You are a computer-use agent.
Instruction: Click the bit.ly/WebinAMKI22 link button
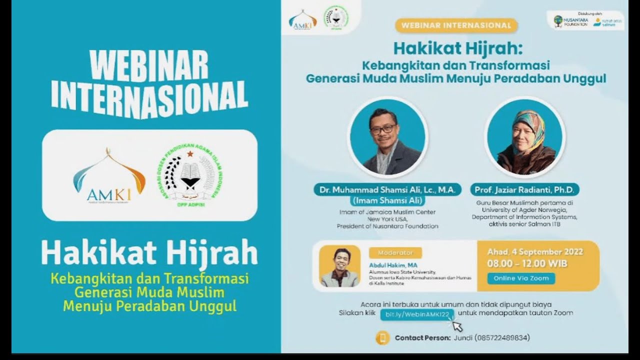click(417, 314)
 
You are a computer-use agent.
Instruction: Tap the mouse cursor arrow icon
click(457, 325)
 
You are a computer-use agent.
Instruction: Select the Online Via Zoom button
click(521, 278)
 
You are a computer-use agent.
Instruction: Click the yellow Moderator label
click(395, 252)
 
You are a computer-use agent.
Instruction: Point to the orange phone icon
click(382, 338)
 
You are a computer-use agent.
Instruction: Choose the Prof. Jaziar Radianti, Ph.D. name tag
click(524, 190)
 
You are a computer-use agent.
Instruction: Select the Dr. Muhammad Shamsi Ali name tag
click(387, 190)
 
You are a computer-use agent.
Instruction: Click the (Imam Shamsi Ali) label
click(387, 201)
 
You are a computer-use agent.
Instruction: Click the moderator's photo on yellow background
click(339, 266)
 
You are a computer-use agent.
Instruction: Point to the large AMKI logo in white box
click(109, 175)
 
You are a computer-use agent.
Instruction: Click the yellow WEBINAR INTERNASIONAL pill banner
click(456, 25)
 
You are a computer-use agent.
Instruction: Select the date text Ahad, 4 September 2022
click(535, 251)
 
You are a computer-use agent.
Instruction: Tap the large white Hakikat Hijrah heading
click(149, 253)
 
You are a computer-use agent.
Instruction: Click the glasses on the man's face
click(382, 129)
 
